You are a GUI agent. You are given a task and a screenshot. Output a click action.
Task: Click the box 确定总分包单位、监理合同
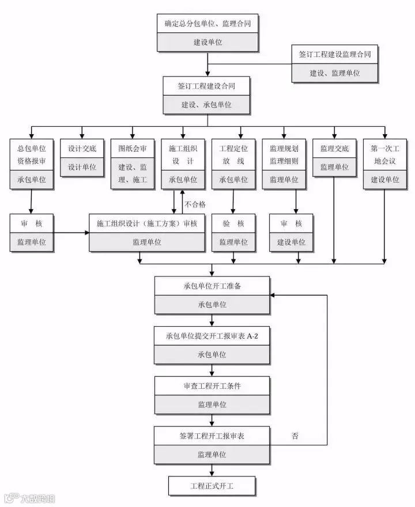tap(207, 33)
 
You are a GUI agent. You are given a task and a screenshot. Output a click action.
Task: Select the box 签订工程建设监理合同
tap(335, 64)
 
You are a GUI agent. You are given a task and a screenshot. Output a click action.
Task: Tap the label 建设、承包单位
tap(206, 105)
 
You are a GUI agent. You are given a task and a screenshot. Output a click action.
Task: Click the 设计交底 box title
tap(82, 149)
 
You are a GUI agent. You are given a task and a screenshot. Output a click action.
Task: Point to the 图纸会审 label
tap(133, 149)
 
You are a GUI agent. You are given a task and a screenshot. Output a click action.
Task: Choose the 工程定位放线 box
tap(233, 164)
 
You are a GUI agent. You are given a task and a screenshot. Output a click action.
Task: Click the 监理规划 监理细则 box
tap(284, 164)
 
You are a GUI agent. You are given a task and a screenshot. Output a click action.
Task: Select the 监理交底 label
tap(334, 149)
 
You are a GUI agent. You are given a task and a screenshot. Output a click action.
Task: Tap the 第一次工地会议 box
tap(385, 164)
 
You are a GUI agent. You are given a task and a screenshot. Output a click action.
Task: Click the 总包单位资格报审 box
tap(32, 164)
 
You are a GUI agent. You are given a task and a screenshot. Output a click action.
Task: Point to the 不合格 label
tap(195, 205)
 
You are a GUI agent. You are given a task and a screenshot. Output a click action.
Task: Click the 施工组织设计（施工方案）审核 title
tap(147, 224)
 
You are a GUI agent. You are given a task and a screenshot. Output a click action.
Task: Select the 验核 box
tap(233, 233)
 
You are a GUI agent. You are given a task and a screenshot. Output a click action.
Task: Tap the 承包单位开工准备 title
tap(212, 286)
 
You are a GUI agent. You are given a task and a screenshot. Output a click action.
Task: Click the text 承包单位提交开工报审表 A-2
tap(212, 336)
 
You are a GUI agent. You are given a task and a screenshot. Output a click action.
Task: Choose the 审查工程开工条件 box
tap(212, 395)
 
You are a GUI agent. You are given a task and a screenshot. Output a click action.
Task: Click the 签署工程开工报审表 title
tap(212, 436)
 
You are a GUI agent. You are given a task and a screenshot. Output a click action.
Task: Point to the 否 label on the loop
tap(295, 436)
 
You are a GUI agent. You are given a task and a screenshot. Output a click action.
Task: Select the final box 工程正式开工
tap(212, 486)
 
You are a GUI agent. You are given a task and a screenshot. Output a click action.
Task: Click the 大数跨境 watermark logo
tap(30, 498)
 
